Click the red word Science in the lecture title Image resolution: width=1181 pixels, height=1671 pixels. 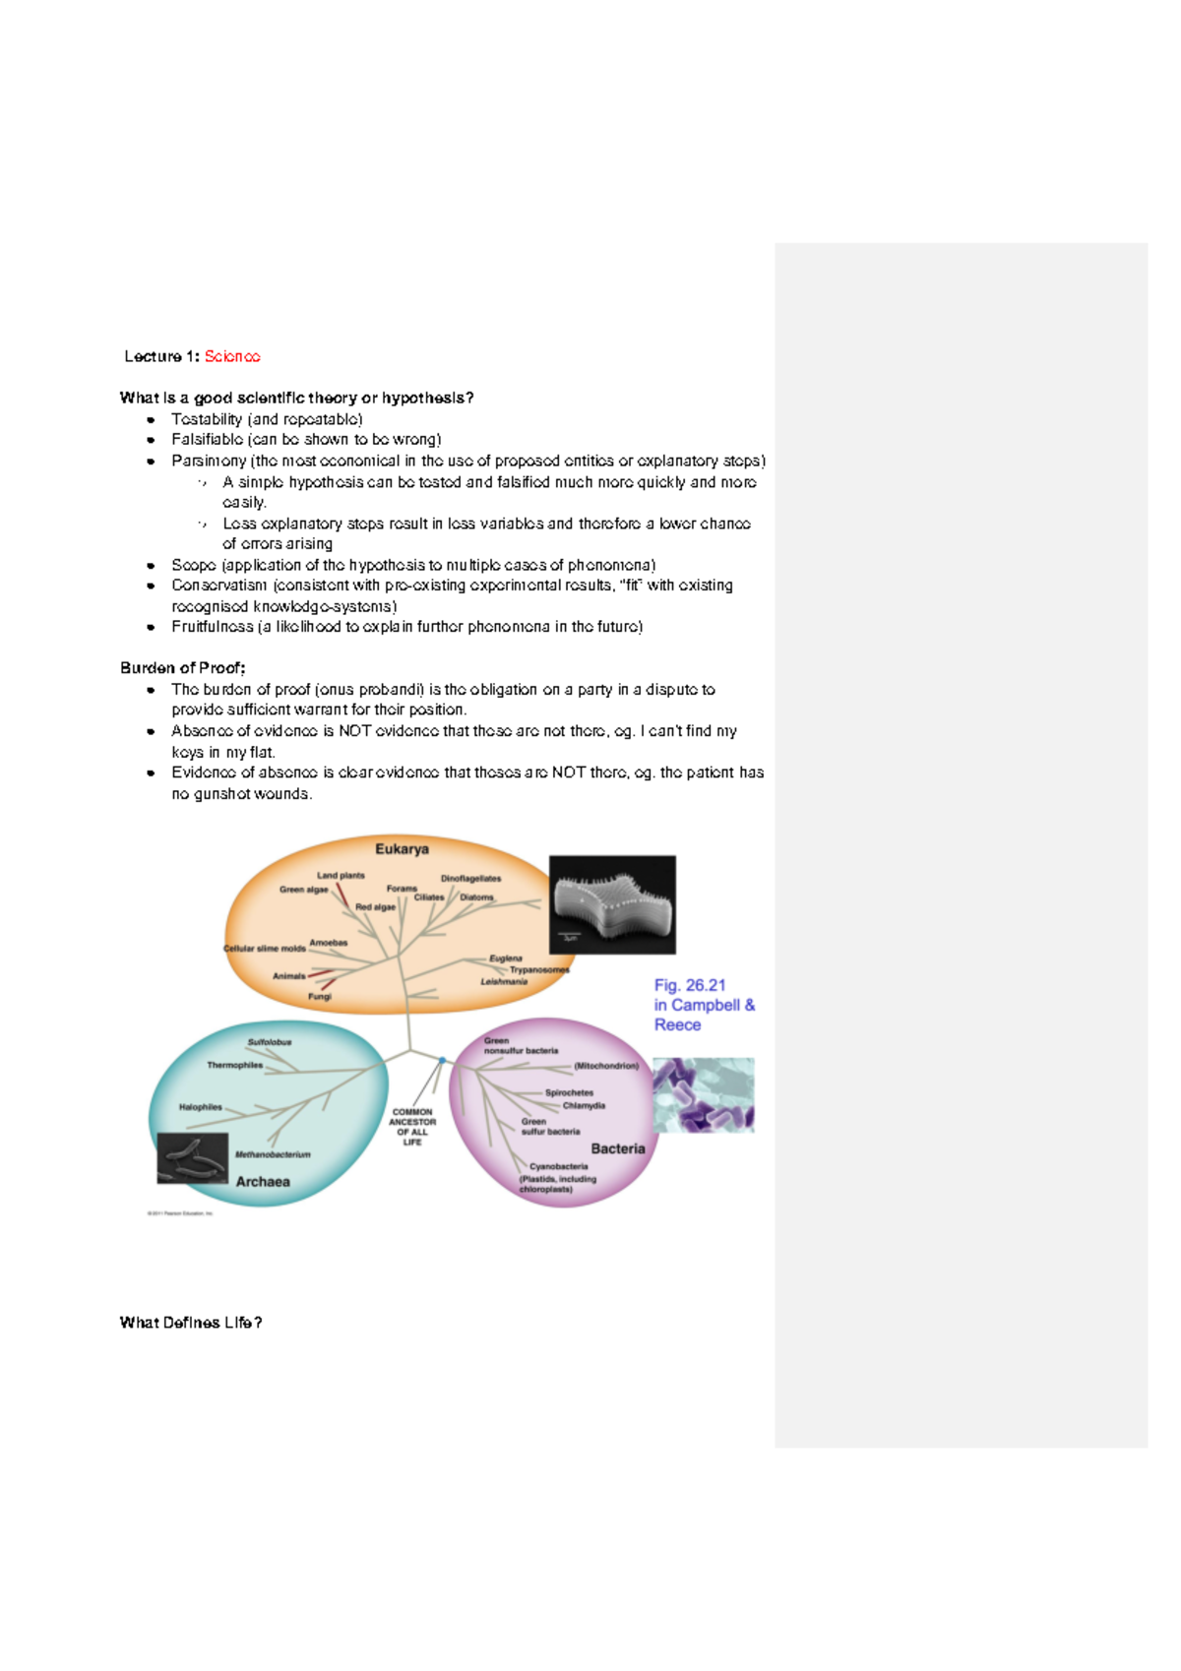pos(232,356)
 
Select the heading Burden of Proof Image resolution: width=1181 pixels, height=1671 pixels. pos(183,668)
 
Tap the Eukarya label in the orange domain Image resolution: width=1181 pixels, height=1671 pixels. pos(402,849)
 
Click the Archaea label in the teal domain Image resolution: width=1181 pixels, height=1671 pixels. pos(263,1182)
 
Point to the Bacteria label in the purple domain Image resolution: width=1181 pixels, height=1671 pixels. pos(618,1148)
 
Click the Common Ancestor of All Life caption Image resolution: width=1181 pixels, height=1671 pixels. pos(412,1127)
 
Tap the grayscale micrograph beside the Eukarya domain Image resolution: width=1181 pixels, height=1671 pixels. pos(612,904)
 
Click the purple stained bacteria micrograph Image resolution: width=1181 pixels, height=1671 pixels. pos(704,1094)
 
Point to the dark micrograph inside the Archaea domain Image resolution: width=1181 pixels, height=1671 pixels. pos(193,1158)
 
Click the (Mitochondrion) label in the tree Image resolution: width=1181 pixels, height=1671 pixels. pos(606,1066)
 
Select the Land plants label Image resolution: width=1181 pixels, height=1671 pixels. pos(341,875)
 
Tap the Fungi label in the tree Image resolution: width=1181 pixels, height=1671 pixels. pos(320,996)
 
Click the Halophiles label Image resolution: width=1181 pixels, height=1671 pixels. pos(201,1107)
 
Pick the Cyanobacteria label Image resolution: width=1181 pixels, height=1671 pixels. pos(559,1166)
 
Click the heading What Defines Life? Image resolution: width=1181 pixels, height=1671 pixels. pos(191,1323)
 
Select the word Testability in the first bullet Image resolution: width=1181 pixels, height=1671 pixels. pos(207,419)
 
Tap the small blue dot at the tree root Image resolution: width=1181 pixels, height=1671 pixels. pos(443,1060)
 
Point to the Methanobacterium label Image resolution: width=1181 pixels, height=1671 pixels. pos(273,1154)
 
